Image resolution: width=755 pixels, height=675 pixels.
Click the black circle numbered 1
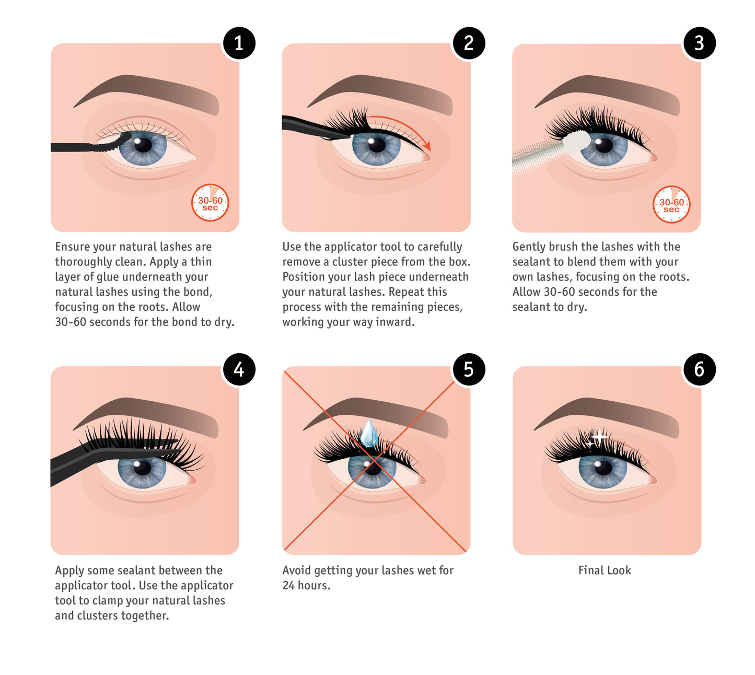pyautogui.click(x=238, y=43)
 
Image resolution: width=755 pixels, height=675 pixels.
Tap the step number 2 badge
pyautogui.click(x=469, y=43)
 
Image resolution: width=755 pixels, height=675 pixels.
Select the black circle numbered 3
pyautogui.click(x=699, y=43)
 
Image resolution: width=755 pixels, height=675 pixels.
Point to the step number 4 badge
pyautogui.click(x=238, y=369)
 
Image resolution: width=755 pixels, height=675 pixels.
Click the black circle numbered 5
pyautogui.click(x=469, y=369)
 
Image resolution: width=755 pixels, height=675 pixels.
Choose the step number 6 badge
pyautogui.click(x=699, y=369)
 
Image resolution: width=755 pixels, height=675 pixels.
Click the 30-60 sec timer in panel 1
pyautogui.click(x=210, y=202)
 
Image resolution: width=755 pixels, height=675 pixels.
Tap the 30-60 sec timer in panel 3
pyautogui.click(x=671, y=204)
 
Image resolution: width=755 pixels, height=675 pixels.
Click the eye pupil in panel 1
pyautogui.click(x=142, y=145)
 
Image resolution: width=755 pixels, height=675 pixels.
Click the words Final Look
pyautogui.click(x=604, y=570)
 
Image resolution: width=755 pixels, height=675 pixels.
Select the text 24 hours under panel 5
pyautogui.click(x=306, y=585)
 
